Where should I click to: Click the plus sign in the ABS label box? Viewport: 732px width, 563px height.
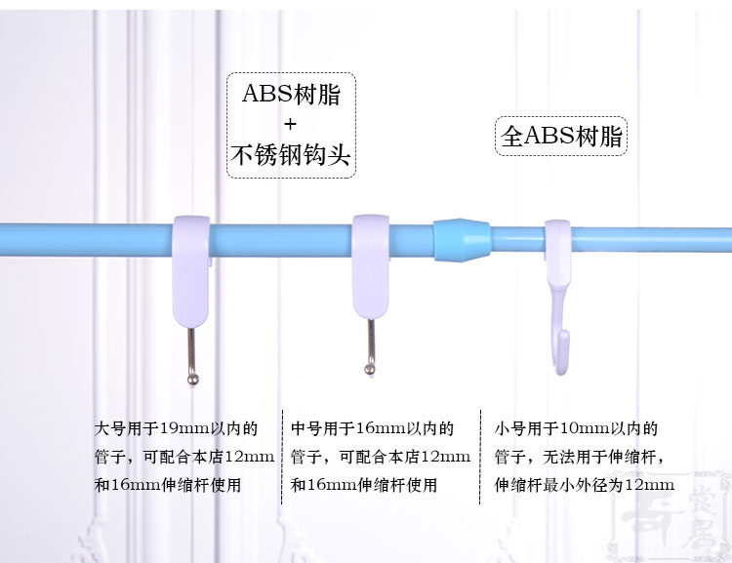coord(290,125)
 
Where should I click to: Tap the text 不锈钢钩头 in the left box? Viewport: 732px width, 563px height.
coord(290,155)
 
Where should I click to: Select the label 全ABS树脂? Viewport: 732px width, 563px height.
coord(561,136)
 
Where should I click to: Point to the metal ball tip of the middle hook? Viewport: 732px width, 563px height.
coord(370,368)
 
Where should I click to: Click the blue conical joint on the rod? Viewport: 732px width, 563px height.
coord(461,239)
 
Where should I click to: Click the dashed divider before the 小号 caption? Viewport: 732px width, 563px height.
coord(481,457)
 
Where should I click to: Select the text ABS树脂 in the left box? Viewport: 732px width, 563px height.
coord(290,95)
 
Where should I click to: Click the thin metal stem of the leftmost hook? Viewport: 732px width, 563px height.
coord(191,345)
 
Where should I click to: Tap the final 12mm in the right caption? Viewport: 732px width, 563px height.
coord(652,485)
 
